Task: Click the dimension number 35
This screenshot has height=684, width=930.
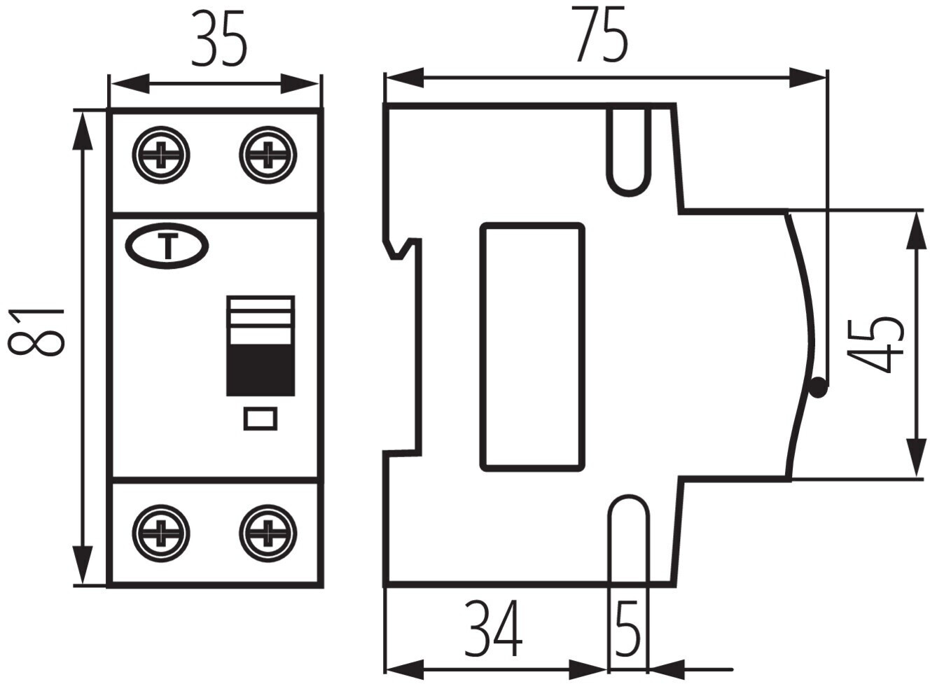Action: click(x=219, y=39)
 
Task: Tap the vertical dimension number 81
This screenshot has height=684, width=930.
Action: click(x=36, y=332)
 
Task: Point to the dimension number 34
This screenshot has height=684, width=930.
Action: click(x=492, y=629)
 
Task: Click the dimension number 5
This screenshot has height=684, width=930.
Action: click(x=627, y=629)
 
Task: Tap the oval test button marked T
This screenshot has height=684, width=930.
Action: click(x=167, y=246)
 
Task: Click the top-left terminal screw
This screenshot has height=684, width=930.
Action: click(x=161, y=155)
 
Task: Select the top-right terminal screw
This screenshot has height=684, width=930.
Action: click(x=268, y=155)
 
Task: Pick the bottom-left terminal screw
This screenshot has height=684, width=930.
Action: click(x=161, y=533)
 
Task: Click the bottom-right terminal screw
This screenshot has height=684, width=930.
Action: click(x=268, y=533)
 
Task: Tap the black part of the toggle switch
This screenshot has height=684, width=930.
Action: click(x=261, y=370)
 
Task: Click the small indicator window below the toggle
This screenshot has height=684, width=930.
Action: click(x=261, y=419)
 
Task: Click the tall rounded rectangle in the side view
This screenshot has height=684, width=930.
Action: click(x=533, y=347)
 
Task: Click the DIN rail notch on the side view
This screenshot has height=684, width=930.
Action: click(x=401, y=249)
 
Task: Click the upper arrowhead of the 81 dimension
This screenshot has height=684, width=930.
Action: click(x=82, y=131)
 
